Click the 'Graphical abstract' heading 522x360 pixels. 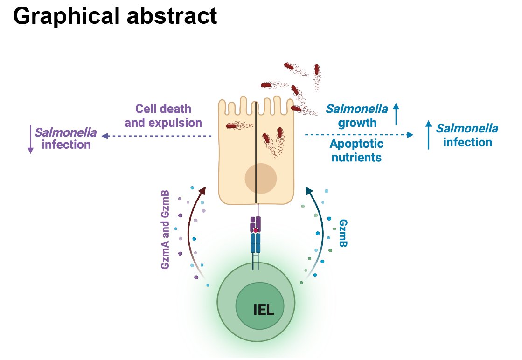115,17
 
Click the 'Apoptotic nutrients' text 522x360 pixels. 356,150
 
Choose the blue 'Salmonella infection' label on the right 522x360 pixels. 467,135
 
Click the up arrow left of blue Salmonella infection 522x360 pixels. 429,135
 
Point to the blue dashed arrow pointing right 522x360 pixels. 359,135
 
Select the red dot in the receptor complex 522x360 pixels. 256,230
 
